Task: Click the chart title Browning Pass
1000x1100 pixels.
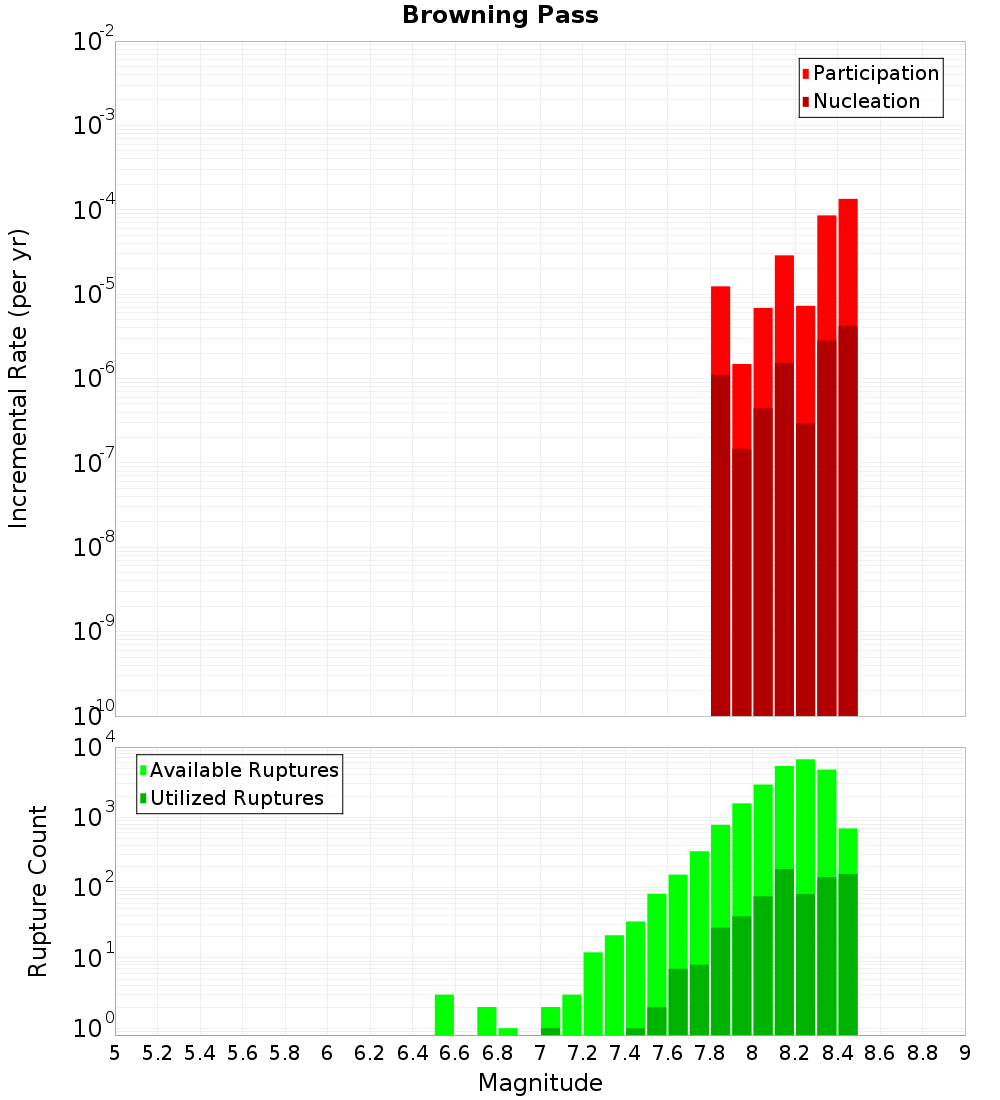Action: [500, 15]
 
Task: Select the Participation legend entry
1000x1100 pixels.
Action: [875, 74]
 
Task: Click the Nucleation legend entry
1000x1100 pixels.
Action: [865, 102]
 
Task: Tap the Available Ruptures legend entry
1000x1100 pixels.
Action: [243, 771]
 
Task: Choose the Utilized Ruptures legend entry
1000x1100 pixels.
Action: [236, 799]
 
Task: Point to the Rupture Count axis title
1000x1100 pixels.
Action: [38, 891]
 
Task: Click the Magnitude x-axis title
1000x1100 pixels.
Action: [540, 1083]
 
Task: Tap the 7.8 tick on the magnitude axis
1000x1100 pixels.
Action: [710, 1053]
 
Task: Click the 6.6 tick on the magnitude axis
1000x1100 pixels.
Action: [455, 1053]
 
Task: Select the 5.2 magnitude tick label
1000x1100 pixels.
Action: [158, 1053]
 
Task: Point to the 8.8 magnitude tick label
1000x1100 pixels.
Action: [922, 1053]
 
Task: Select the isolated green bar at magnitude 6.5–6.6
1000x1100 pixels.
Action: [445, 1014]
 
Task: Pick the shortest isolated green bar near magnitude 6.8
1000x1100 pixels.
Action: [508, 1031]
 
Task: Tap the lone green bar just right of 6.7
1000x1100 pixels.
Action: [487, 1020]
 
